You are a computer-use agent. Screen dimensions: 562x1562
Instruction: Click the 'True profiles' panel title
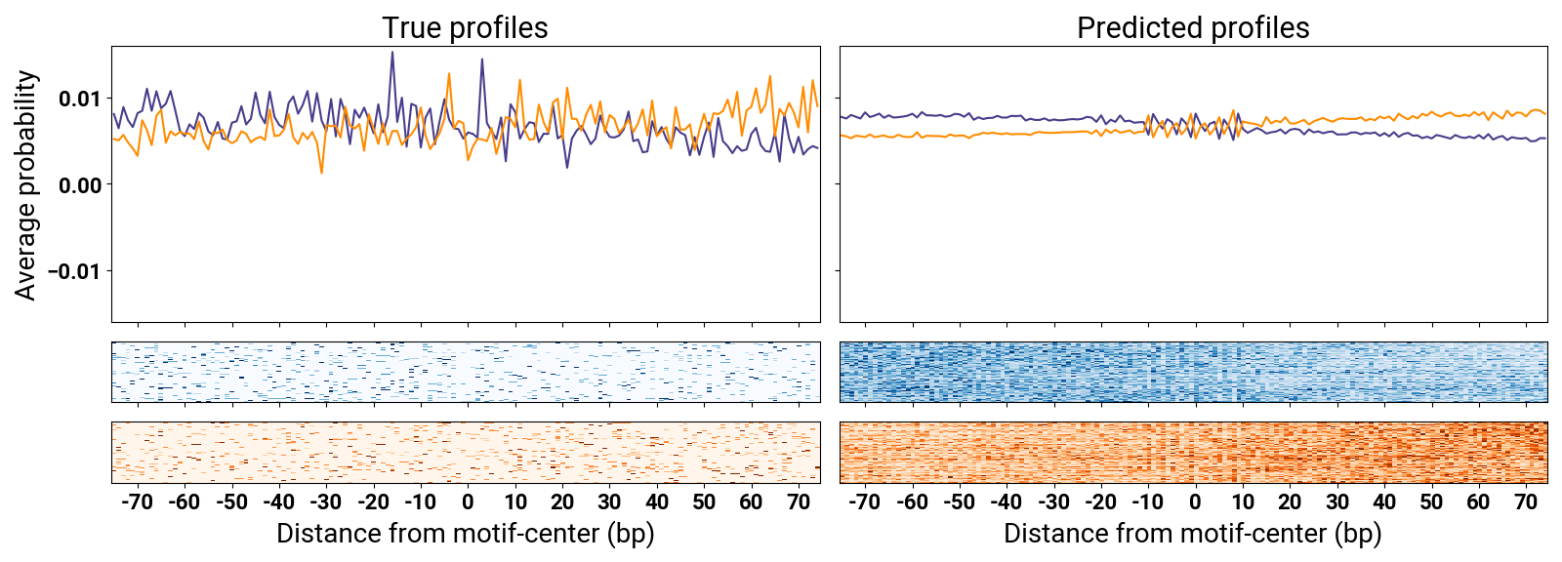[465, 28]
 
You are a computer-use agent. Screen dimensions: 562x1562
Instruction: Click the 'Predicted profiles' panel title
[1193, 28]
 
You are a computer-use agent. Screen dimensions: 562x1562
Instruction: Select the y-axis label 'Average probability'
[25, 184]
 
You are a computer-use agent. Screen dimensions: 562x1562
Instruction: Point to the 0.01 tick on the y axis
[79, 99]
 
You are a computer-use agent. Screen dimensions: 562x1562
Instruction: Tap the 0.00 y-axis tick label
[79, 185]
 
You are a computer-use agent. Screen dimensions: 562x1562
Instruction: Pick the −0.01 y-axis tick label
[75, 271]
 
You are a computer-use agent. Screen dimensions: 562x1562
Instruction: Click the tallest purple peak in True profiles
[392, 53]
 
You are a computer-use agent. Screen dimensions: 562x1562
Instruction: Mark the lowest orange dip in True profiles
[321, 173]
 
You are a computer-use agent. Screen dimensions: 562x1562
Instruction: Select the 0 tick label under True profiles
[468, 502]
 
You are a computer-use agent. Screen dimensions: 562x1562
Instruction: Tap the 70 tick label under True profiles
[799, 502]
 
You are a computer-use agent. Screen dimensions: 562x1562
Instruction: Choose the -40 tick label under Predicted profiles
[1005, 502]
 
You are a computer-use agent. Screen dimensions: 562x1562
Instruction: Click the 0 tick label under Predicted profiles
[1195, 502]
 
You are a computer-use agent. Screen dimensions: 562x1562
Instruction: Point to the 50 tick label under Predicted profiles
[1431, 502]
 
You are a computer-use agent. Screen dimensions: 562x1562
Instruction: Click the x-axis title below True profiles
[465, 534]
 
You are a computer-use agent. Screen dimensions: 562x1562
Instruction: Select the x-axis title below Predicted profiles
[1193, 534]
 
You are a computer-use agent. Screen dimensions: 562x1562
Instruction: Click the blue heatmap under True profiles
[466, 372]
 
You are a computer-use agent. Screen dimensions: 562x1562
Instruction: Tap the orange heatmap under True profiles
[466, 452]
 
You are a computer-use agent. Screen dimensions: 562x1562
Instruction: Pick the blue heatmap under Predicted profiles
[1193, 372]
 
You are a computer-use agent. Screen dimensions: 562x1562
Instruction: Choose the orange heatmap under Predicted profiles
[1193, 452]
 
